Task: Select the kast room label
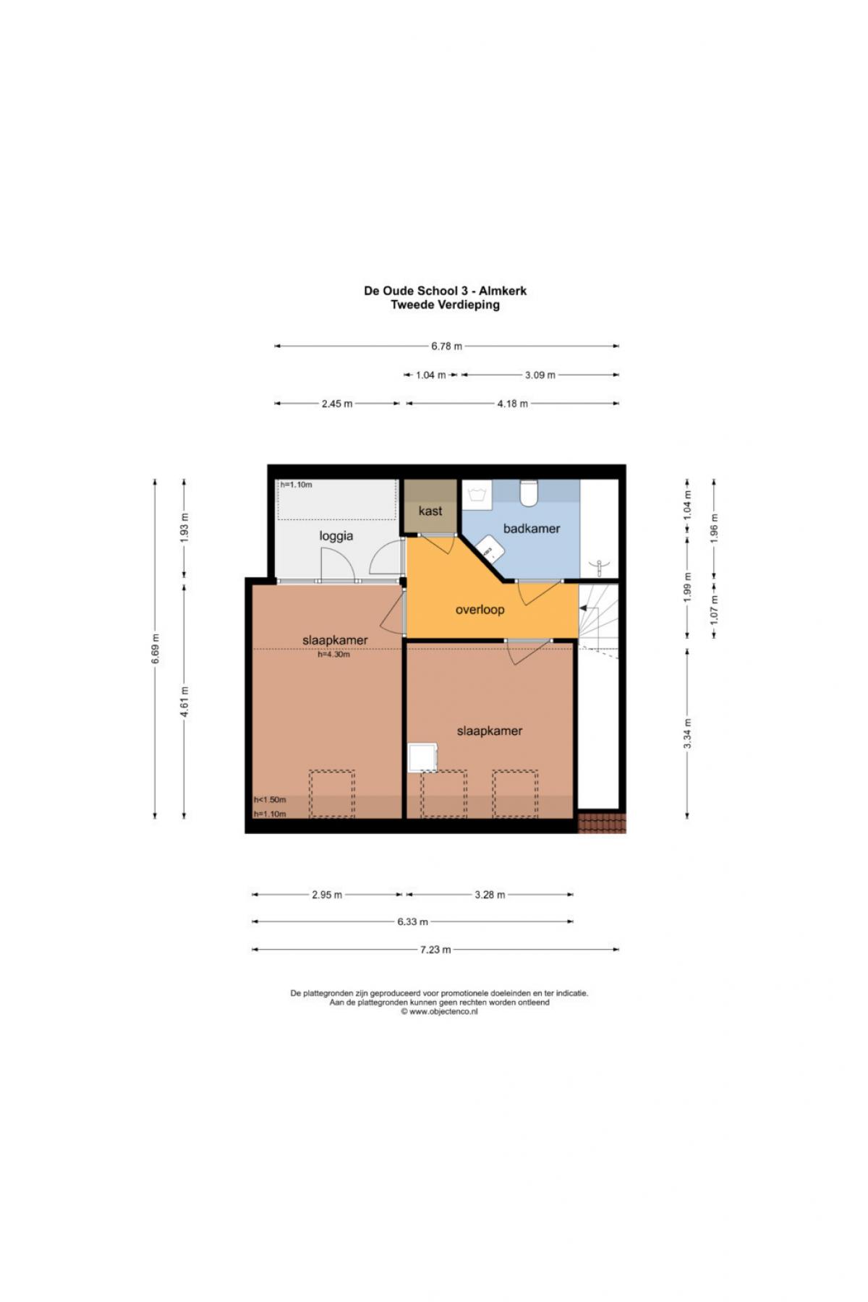[430, 511]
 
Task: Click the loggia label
[336, 536]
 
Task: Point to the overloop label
[480, 610]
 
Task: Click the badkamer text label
[532, 529]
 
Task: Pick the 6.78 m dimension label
[446, 346]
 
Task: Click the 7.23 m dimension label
[435, 949]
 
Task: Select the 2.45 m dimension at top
[337, 404]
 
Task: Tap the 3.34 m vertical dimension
[687, 733]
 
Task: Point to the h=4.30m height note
[333, 655]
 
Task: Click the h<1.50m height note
[270, 799]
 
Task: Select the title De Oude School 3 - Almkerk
[445, 291]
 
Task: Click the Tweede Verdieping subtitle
[445, 305]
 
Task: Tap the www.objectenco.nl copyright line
[439, 1012]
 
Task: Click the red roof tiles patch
[602, 822]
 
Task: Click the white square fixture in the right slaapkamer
[423, 758]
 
